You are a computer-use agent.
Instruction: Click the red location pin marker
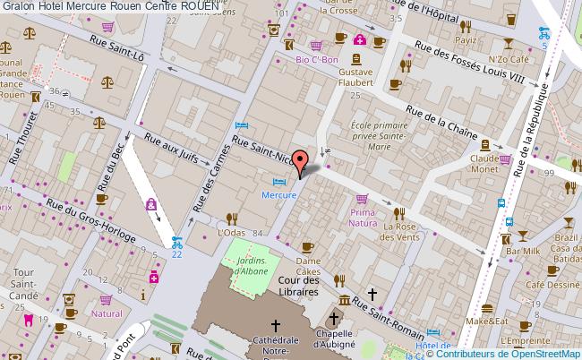(x=302, y=163)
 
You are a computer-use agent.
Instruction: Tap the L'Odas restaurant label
(x=231, y=233)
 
